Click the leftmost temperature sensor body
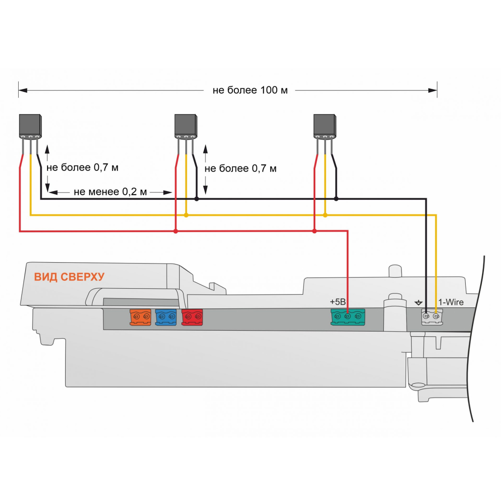(30, 126)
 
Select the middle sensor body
(186, 126)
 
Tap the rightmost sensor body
(325, 126)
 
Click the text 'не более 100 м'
(250, 90)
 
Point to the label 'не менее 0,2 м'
(110, 192)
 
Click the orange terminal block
(140, 317)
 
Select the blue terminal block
(166, 317)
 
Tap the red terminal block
(192, 317)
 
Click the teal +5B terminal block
(348, 317)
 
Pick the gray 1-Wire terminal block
(432, 317)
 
